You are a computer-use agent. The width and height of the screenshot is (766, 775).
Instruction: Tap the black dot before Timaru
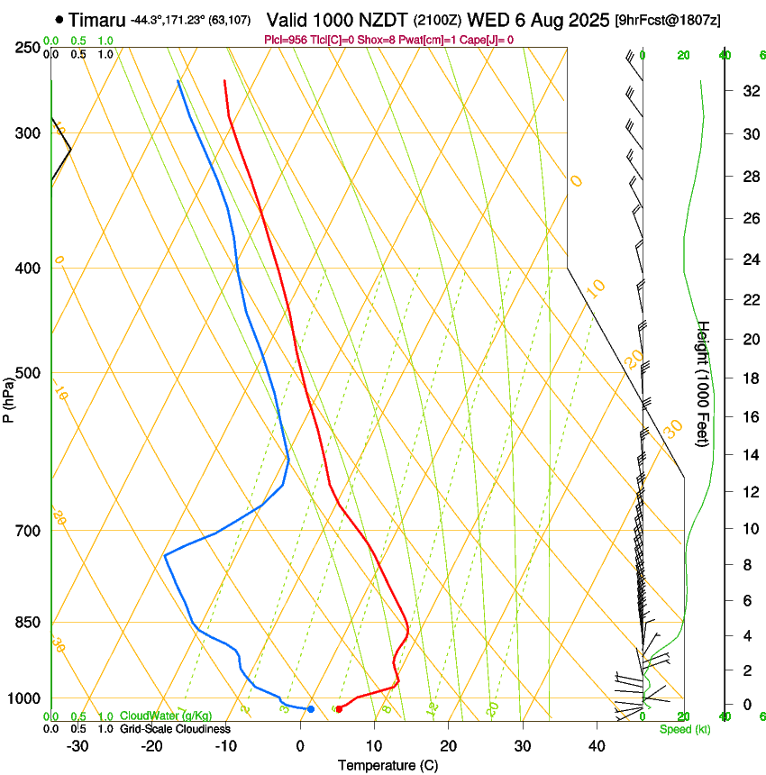point(59,19)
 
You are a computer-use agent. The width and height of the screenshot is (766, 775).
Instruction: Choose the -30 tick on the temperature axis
point(78,745)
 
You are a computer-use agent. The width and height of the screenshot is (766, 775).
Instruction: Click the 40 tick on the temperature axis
point(596,745)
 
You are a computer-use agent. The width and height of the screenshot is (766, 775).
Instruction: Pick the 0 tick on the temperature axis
point(300,745)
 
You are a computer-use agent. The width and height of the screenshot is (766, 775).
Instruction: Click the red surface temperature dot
point(339,709)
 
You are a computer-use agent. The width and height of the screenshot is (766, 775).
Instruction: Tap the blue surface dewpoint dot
point(311,709)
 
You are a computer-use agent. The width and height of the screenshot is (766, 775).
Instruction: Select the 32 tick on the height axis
point(749,91)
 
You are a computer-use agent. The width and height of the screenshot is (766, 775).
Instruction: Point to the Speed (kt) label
point(684,729)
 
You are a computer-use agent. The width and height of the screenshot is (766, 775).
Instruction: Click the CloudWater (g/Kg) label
point(166,716)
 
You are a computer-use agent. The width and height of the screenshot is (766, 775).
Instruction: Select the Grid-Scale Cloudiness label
point(175,728)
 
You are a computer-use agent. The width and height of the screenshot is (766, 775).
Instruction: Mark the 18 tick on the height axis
point(749,378)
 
